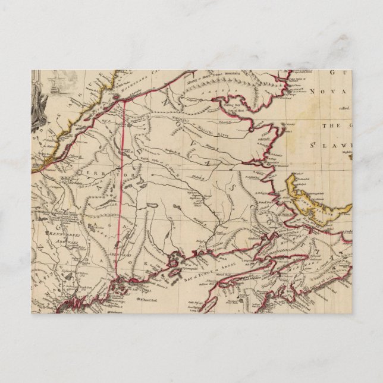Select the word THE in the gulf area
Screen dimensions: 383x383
tap(329, 127)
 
